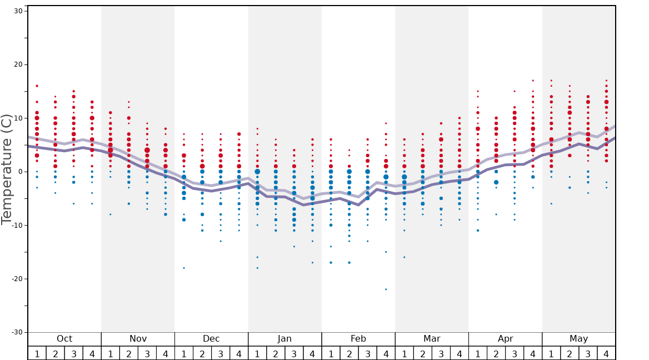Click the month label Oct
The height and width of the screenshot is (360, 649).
tap(64, 339)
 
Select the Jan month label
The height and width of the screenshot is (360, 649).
tap(284, 339)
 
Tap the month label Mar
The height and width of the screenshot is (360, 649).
tap(432, 339)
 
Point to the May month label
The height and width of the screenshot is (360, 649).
tap(578, 339)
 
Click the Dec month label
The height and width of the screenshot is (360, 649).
tap(211, 339)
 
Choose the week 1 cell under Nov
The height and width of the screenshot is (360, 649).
tap(111, 353)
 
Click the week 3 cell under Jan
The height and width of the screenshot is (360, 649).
tap(294, 353)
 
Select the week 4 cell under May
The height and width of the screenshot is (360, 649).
tap(606, 353)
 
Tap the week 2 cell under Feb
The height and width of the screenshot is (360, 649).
tap(349, 353)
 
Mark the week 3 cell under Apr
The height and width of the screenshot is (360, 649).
tap(515, 353)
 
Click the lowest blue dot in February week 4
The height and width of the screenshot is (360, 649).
tap(386, 289)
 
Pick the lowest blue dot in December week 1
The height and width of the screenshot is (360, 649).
tap(184, 268)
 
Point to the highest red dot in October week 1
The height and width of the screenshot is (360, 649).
tap(37, 86)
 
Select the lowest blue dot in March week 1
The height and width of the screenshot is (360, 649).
tap(404, 257)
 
